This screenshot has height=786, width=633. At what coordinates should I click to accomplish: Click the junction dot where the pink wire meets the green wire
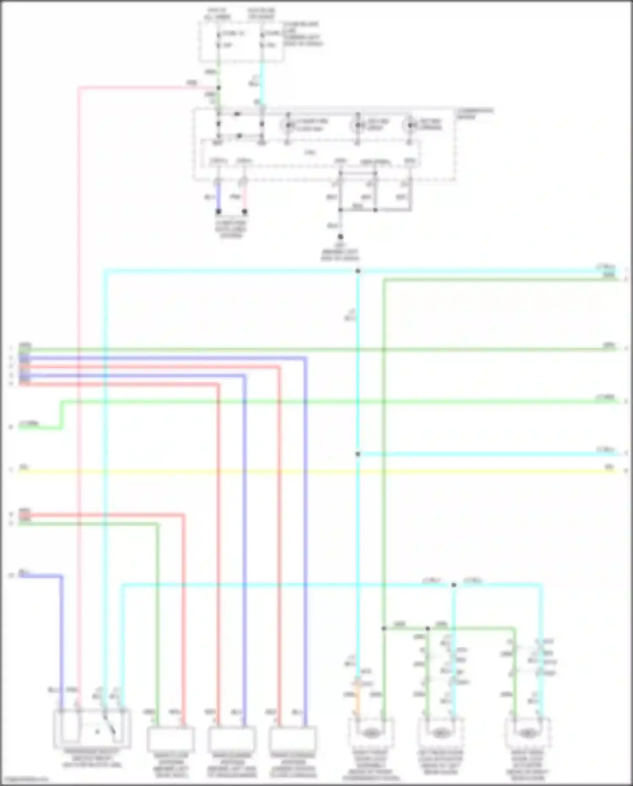pyautogui.click(x=219, y=88)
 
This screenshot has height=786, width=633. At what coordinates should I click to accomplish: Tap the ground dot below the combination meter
pyautogui.click(x=341, y=237)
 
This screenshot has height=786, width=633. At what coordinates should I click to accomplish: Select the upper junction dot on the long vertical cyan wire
pyautogui.click(x=358, y=271)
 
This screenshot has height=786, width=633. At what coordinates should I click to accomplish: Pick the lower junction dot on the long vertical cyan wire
pyautogui.click(x=358, y=454)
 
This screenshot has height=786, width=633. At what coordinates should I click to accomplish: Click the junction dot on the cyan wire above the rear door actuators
pyautogui.click(x=454, y=585)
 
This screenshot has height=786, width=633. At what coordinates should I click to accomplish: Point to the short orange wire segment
pyautogui.click(x=357, y=697)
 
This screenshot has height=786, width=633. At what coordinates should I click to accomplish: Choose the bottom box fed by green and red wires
pyautogui.click(x=170, y=739)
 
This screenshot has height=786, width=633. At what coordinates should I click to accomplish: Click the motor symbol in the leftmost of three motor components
pyautogui.click(x=371, y=734)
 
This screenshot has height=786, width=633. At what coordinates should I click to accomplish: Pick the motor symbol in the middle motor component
pyautogui.click(x=440, y=734)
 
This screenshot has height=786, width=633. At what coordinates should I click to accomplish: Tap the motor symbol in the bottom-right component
pyautogui.click(x=527, y=734)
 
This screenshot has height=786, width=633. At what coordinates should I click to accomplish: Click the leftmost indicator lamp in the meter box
pyautogui.click(x=289, y=125)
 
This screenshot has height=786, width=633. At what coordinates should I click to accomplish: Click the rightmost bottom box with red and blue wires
pyautogui.click(x=292, y=739)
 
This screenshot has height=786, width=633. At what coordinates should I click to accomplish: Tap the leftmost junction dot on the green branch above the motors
pyautogui.click(x=384, y=628)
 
